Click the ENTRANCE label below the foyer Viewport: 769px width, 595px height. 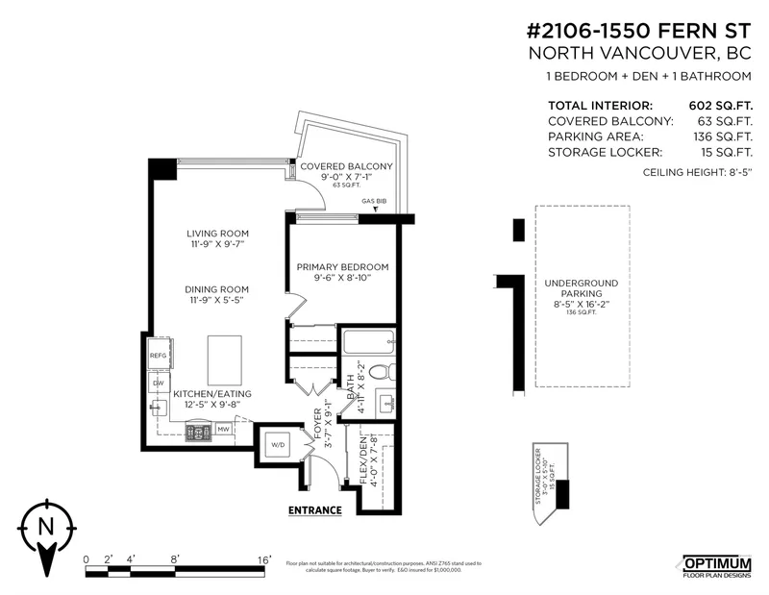[x=315, y=509]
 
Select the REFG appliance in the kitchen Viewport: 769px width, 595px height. [x=159, y=356]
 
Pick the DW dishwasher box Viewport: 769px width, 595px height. [x=159, y=383]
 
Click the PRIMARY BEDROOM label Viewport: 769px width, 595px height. [x=342, y=266]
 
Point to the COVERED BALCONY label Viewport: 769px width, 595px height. [x=336, y=166]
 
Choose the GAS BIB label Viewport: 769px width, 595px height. [x=374, y=202]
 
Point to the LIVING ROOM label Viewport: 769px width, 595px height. [x=218, y=234]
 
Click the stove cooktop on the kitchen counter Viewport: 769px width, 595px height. [x=200, y=433]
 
